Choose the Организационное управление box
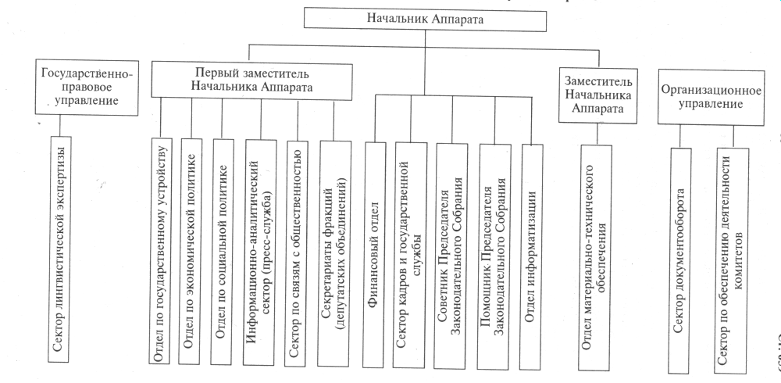(x=710, y=95)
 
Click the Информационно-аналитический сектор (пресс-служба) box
(x=257, y=250)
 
